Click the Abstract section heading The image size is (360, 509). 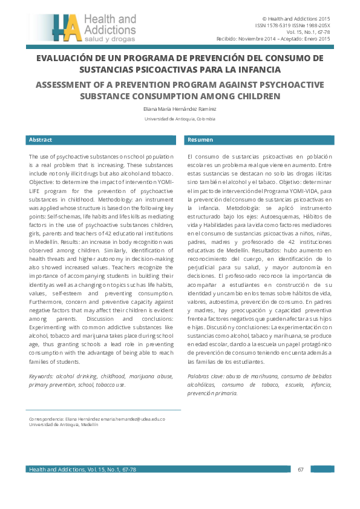tap(41, 140)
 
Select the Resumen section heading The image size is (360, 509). tap(200, 140)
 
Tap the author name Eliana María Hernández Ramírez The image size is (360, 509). tap(180, 109)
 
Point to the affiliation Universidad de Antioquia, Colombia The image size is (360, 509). tap(180, 119)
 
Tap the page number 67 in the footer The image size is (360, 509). tap(300, 469)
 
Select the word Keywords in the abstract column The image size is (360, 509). tap(41, 376)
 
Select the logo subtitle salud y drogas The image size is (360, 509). tap(106, 39)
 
